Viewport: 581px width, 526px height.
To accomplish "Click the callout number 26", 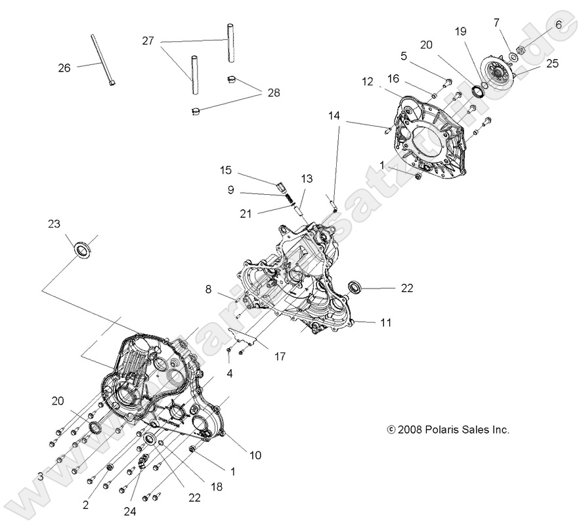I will (64, 68).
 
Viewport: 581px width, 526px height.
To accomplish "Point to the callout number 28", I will (272, 93).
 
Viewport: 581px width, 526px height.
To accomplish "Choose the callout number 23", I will (54, 223).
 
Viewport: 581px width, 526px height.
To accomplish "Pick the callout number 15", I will (226, 170).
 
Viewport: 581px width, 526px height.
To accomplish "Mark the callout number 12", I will (368, 82).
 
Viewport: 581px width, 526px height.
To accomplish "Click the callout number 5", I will (404, 56).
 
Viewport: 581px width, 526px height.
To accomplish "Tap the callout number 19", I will (460, 31).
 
